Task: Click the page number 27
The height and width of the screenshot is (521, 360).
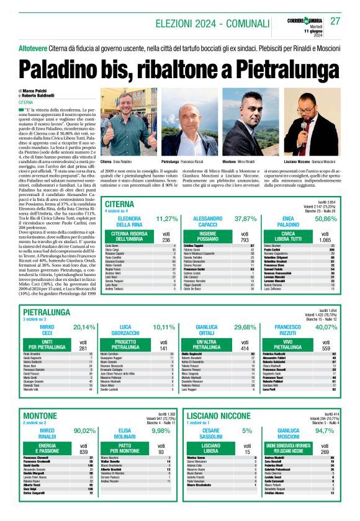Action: pos(335,20)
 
